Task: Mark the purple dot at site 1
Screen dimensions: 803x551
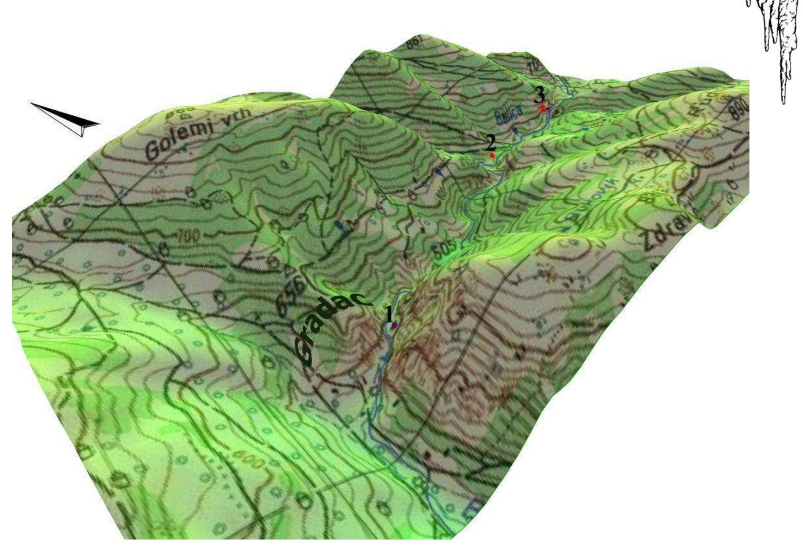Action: coord(394,325)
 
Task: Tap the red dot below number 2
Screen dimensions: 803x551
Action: coord(492,156)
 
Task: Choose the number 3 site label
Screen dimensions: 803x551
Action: coord(540,97)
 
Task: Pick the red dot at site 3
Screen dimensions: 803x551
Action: coord(543,108)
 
